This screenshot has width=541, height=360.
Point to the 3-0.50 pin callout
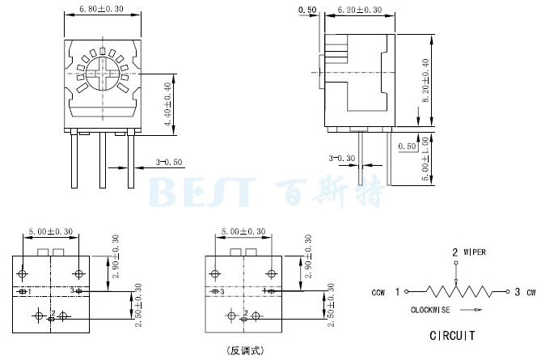click(x=169, y=163)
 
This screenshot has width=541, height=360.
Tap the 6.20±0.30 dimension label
click(x=359, y=11)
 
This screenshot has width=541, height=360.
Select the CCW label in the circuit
click(x=378, y=292)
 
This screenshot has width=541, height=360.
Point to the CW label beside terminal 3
click(x=530, y=292)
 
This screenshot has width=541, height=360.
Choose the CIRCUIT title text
click(x=450, y=335)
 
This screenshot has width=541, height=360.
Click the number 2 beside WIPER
click(x=454, y=252)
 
